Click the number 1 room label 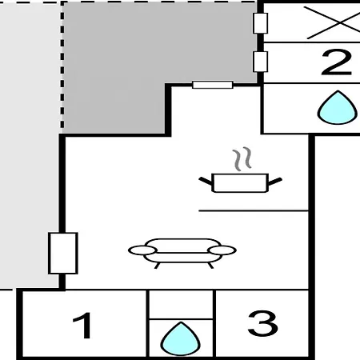point(82,326)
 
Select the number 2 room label point(337,62)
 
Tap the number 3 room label point(262,323)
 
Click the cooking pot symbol point(240,182)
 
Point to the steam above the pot point(242,159)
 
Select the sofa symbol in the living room point(182,253)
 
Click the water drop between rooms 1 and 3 point(181,338)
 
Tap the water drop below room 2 point(338,107)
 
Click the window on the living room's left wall point(63,253)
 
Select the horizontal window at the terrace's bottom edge point(213,85)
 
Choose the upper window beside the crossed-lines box point(260,23)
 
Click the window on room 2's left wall point(260,62)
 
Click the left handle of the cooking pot point(206,181)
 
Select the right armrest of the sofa point(222,250)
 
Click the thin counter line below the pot point(254,211)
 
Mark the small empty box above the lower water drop point(181,304)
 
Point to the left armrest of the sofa point(142,250)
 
